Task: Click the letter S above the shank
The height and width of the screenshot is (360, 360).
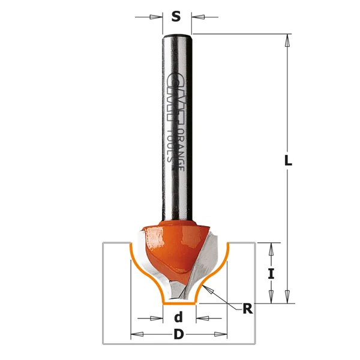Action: tap(176, 17)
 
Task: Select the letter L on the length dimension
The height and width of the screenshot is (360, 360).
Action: tap(287, 161)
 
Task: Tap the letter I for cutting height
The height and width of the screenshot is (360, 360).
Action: tap(271, 274)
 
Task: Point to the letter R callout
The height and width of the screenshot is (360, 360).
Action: tap(247, 309)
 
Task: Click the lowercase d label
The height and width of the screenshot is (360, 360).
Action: tap(178, 318)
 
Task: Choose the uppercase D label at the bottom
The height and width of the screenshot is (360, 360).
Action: tap(178, 335)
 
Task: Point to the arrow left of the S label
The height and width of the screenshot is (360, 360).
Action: tap(157, 17)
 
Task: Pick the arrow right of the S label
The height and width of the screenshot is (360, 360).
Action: tap(197, 17)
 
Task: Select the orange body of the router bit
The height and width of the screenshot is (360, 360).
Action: tap(174, 243)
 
